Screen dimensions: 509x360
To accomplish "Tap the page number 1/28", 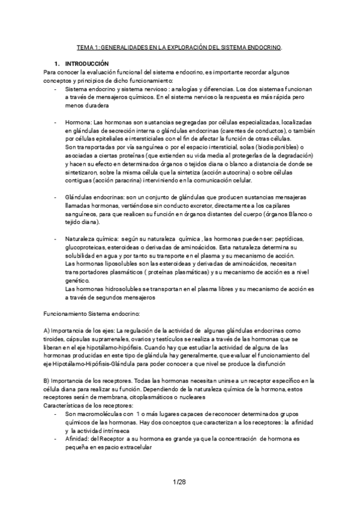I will (x=179, y=482).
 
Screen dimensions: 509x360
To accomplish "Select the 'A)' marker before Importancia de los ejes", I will (x=47, y=331).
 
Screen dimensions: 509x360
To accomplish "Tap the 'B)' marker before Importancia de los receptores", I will (x=47, y=381).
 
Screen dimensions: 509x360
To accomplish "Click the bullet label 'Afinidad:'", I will (x=77, y=439).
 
